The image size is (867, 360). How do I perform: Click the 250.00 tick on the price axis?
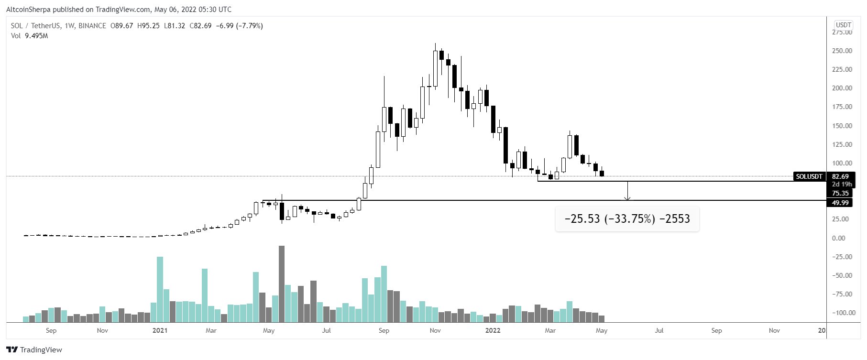click(x=842, y=51)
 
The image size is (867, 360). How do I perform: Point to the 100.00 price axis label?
click(x=842, y=163)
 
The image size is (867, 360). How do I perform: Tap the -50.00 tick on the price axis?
click(x=841, y=275)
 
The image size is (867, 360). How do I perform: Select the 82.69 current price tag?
click(x=840, y=176)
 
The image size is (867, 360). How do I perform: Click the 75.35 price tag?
click(x=840, y=193)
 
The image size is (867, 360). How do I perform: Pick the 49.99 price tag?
click(x=840, y=203)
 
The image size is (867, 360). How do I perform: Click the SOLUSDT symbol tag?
click(x=809, y=176)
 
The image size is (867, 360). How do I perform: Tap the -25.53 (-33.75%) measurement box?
click(x=627, y=219)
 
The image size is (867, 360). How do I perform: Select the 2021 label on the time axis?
click(x=160, y=330)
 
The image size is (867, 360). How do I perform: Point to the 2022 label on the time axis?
click(x=493, y=330)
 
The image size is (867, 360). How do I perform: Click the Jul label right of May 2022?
click(x=659, y=330)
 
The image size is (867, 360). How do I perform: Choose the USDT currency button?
click(x=843, y=25)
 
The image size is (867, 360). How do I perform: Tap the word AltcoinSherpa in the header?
click(x=28, y=9)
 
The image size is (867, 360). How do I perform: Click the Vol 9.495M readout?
click(x=30, y=36)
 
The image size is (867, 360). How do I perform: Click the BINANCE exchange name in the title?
click(x=92, y=26)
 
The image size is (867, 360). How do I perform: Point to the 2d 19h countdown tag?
click(x=842, y=184)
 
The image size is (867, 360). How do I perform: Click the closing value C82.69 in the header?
click(x=200, y=26)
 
